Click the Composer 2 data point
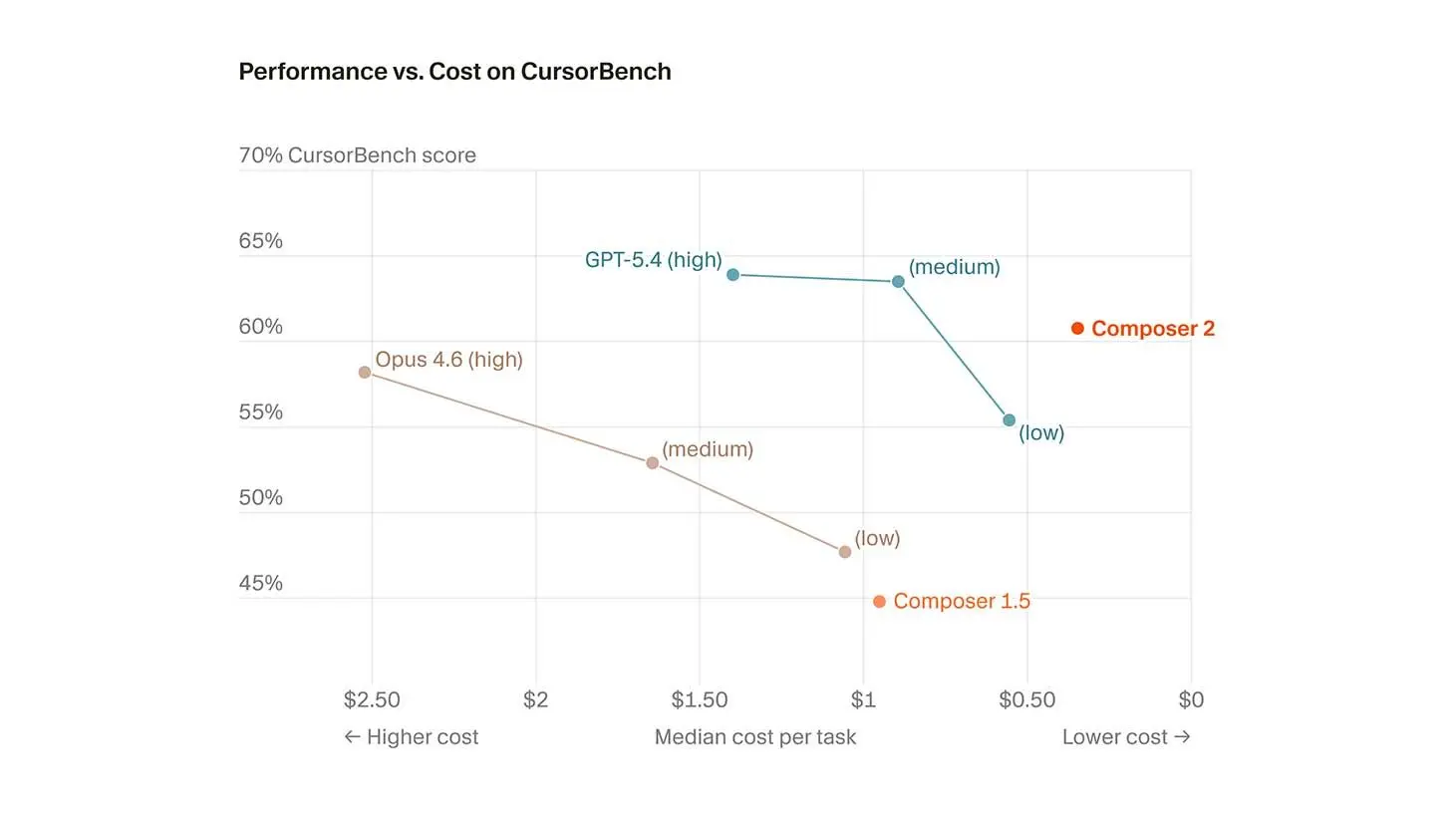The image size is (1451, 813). click(1077, 329)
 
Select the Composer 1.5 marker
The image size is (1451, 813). click(879, 602)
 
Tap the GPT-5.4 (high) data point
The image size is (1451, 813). click(732, 275)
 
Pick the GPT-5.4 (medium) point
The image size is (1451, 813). click(898, 282)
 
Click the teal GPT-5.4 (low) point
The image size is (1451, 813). click(1009, 420)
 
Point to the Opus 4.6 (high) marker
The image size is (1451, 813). click(365, 373)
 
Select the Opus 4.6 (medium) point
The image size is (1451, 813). click(653, 463)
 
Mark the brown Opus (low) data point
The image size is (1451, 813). click(845, 552)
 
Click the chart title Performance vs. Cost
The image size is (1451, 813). click(454, 72)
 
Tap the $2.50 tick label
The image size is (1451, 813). click(372, 700)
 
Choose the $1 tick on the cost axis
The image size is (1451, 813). click(863, 700)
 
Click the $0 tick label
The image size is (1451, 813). click(1191, 700)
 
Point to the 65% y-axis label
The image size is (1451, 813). click(261, 241)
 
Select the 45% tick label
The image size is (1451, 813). click(261, 584)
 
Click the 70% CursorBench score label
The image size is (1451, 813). click(358, 155)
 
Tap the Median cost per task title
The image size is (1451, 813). click(755, 737)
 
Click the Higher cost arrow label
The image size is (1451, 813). click(411, 737)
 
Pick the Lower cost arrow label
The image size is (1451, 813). click(1126, 737)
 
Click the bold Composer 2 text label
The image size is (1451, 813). click(1153, 329)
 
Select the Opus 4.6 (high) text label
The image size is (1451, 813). click(448, 360)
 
